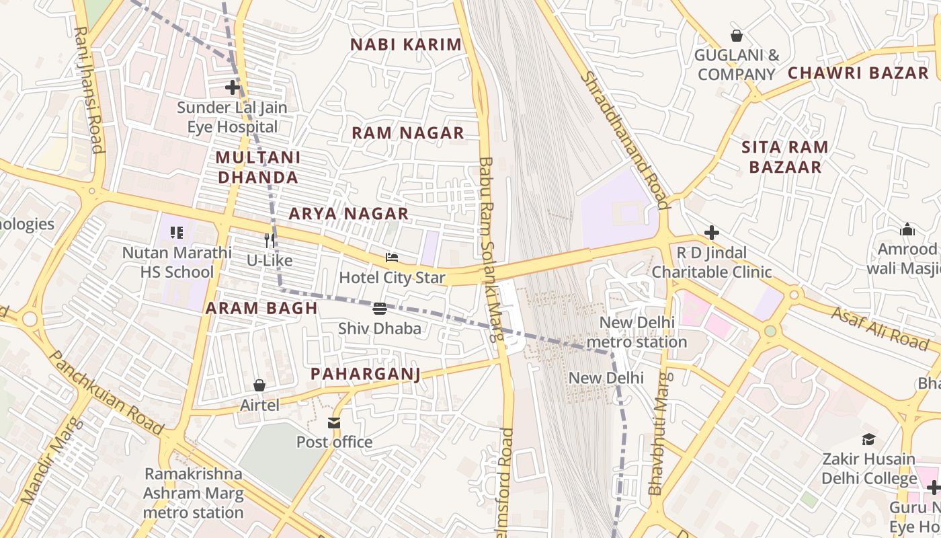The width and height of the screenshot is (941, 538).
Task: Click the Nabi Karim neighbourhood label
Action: (x=406, y=45)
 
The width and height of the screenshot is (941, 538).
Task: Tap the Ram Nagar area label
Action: (x=408, y=133)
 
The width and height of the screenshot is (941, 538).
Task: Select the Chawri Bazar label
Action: (x=858, y=73)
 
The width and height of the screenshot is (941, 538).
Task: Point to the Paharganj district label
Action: (x=365, y=375)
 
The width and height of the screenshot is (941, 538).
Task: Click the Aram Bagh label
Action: (x=261, y=309)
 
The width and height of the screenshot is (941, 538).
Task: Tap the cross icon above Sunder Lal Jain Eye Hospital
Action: (x=233, y=87)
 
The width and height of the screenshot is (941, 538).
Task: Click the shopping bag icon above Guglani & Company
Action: (x=737, y=36)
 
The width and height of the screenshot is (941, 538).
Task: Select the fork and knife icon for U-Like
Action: (x=270, y=241)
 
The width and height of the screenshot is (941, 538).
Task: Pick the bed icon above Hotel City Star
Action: (x=392, y=258)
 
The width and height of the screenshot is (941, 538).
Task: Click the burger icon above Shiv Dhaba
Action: (x=380, y=309)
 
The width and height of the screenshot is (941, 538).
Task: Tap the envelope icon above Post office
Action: (x=334, y=422)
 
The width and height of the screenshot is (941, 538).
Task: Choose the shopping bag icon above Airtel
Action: (x=259, y=385)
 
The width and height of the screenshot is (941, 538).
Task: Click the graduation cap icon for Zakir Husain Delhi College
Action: (x=868, y=440)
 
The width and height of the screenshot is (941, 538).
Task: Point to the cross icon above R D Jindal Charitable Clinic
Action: (x=712, y=233)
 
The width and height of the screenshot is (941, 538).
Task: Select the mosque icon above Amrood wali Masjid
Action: (x=907, y=230)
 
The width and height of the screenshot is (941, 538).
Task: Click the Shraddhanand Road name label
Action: (x=625, y=140)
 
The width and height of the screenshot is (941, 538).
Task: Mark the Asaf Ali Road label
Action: (x=880, y=328)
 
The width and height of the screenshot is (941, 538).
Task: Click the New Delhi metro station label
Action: (x=636, y=332)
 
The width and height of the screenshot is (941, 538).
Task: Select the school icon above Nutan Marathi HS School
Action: (x=177, y=233)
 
